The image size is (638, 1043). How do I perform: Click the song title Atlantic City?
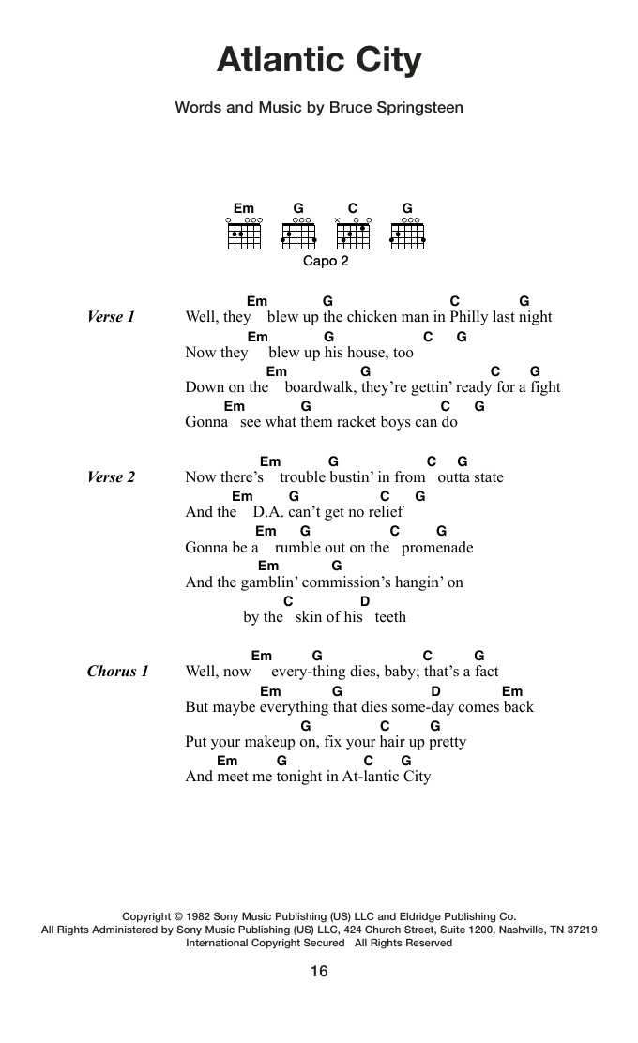click(x=319, y=61)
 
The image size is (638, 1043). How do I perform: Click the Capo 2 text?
click(x=326, y=262)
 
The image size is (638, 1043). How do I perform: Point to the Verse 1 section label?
click(x=111, y=317)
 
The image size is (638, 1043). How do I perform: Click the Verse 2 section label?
click(x=111, y=477)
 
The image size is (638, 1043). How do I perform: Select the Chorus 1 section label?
click(x=117, y=672)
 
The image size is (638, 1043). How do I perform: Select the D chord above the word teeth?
click(x=365, y=601)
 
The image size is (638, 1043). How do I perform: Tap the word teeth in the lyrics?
click(x=390, y=617)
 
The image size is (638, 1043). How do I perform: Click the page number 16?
click(x=319, y=972)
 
